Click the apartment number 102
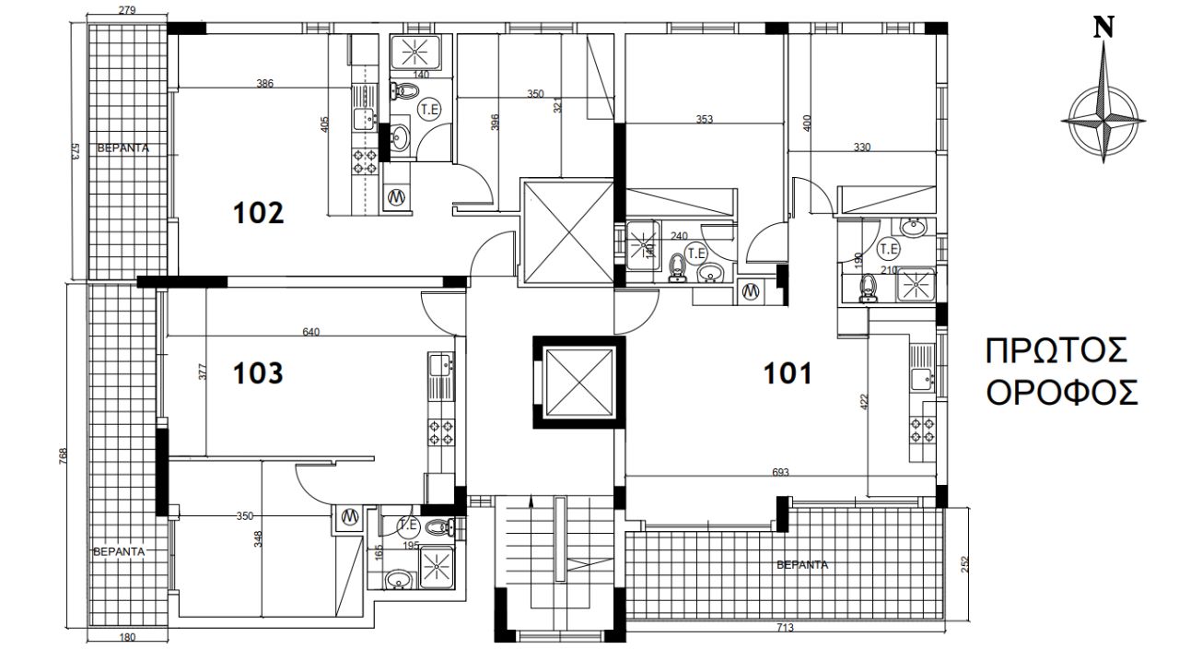click(x=259, y=213)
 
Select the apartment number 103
click(x=258, y=373)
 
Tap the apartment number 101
click(x=788, y=374)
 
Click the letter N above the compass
click(x=1103, y=28)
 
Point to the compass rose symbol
click(x=1103, y=122)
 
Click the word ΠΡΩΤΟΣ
click(x=1056, y=351)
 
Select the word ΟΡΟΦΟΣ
click(x=1062, y=393)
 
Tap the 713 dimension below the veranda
click(x=785, y=627)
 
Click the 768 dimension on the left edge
click(x=64, y=456)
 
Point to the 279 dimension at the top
click(x=127, y=10)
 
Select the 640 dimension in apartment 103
click(x=311, y=332)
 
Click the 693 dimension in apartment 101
click(x=780, y=472)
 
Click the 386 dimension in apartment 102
click(x=264, y=83)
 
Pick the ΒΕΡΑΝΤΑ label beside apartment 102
click(x=123, y=148)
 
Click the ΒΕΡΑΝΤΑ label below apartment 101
click(x=802, y=565)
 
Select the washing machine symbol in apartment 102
click(x=396, y=197)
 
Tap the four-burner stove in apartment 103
click(x=440, y=431)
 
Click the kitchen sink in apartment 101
click(x=922, y=379)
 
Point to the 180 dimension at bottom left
click(x=127, y=637)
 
